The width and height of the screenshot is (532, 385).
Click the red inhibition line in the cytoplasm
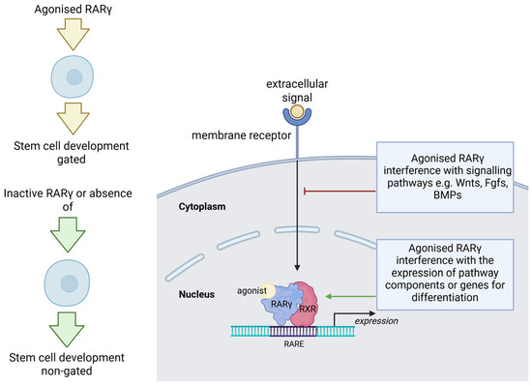point(340,192)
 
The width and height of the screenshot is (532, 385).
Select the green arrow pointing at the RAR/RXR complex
point(351,296)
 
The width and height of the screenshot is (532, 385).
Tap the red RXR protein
point(305,305)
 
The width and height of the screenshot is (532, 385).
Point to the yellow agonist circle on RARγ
point(268,291)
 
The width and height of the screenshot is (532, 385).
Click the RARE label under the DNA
point(294,344)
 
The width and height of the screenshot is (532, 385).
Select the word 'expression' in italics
point(376,321)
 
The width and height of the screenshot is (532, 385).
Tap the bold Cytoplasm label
point(202,207)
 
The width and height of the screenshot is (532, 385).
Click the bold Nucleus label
point(196,294)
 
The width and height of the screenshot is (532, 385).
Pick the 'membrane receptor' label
point(241,135)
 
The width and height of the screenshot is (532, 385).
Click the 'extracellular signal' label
point(297,91)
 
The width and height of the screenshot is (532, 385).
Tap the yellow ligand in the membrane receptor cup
point(297,111)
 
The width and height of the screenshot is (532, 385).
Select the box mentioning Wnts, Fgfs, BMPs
point(445,177)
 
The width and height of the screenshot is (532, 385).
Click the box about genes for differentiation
point(445,275)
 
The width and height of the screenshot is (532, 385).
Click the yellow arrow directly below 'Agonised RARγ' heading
point(73,34)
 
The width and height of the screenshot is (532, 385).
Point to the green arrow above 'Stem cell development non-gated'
point(67,329)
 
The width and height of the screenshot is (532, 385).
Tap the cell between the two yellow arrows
point(73,76)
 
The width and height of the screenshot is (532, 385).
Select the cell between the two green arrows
point(67,282)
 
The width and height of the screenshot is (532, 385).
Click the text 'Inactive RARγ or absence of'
point(68,200)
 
